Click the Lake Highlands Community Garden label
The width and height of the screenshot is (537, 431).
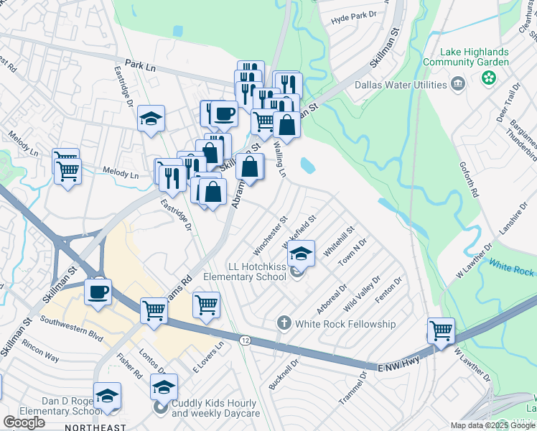[476, 57]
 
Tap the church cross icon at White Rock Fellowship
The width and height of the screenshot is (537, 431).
[284, 323]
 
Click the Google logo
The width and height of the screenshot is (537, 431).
[24, 422]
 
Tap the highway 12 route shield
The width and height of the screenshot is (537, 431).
[246, 340]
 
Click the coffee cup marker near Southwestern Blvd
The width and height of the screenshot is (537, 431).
[98, 291]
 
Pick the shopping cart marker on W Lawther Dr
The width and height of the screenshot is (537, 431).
[441, 330]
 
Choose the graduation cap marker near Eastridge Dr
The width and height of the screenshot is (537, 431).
[151, 119]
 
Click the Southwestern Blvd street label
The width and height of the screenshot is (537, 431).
[72, 330]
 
